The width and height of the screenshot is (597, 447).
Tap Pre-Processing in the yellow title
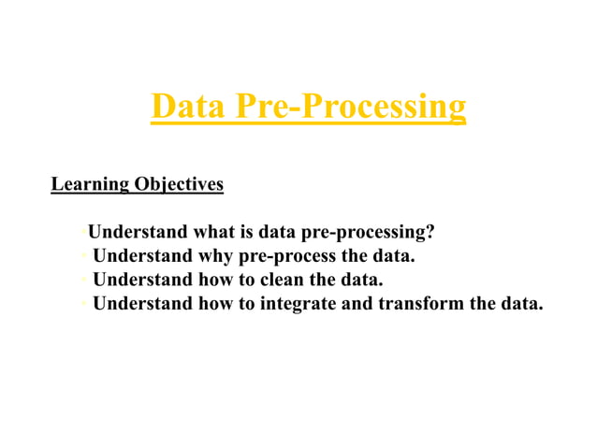tap(351, 108)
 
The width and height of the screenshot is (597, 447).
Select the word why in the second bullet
tap(217, 255)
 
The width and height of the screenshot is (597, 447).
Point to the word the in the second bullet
tap(355, 255)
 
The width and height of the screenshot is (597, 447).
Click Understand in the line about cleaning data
tap(143, 279)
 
